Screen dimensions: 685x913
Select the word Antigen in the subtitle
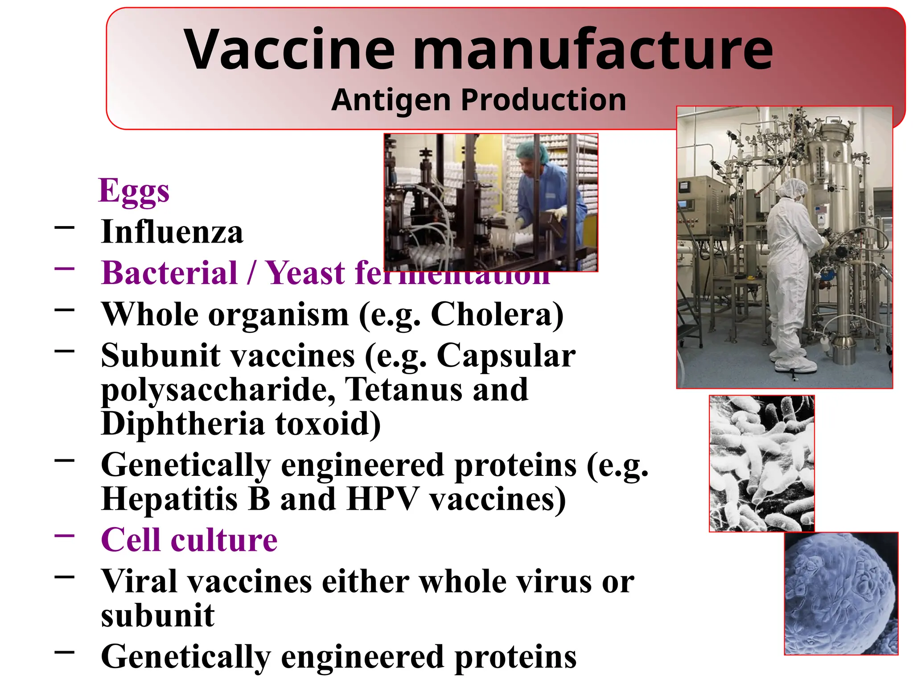391,100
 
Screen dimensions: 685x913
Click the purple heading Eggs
134,191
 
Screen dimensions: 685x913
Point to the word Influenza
172,232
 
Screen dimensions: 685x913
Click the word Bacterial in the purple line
169,273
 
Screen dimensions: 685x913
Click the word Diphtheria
183,424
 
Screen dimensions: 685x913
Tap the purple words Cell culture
189,540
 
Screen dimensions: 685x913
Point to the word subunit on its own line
158,615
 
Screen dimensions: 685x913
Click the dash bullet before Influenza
65,227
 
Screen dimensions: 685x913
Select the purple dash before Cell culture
65,536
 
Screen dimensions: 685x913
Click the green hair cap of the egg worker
532,152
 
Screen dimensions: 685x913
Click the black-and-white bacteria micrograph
761,463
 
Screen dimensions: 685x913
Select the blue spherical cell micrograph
841,594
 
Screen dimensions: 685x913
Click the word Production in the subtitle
543,100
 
